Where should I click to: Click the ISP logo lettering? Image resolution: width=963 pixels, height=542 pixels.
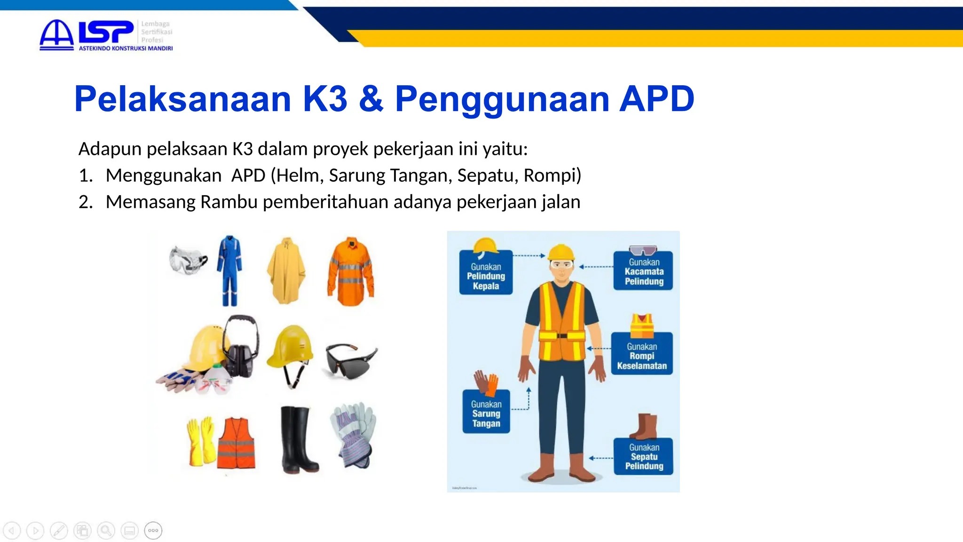point(106,32)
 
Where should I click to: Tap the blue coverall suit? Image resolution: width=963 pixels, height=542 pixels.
point(229,270)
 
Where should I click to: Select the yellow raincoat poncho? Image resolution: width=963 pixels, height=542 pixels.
point(286,271)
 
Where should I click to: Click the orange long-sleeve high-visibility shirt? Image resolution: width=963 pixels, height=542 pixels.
point(351,271)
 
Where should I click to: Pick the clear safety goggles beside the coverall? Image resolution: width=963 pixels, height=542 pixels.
point(188,259)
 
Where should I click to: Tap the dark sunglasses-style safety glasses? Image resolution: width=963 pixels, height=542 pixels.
point(350,360)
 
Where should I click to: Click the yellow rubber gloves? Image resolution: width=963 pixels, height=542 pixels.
point(200,441)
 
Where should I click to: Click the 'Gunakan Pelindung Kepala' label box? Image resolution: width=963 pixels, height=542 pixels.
point(486,276)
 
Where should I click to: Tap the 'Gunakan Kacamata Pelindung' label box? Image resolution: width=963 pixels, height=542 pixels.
point(643,271)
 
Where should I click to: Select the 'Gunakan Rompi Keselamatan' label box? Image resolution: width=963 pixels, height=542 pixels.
point(641,356)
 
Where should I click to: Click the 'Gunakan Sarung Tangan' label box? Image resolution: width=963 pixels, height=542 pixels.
point(486,413)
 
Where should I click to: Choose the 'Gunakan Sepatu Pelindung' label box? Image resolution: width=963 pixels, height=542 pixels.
point(643,456)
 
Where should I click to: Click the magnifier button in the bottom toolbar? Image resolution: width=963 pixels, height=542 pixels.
point(106,531)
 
